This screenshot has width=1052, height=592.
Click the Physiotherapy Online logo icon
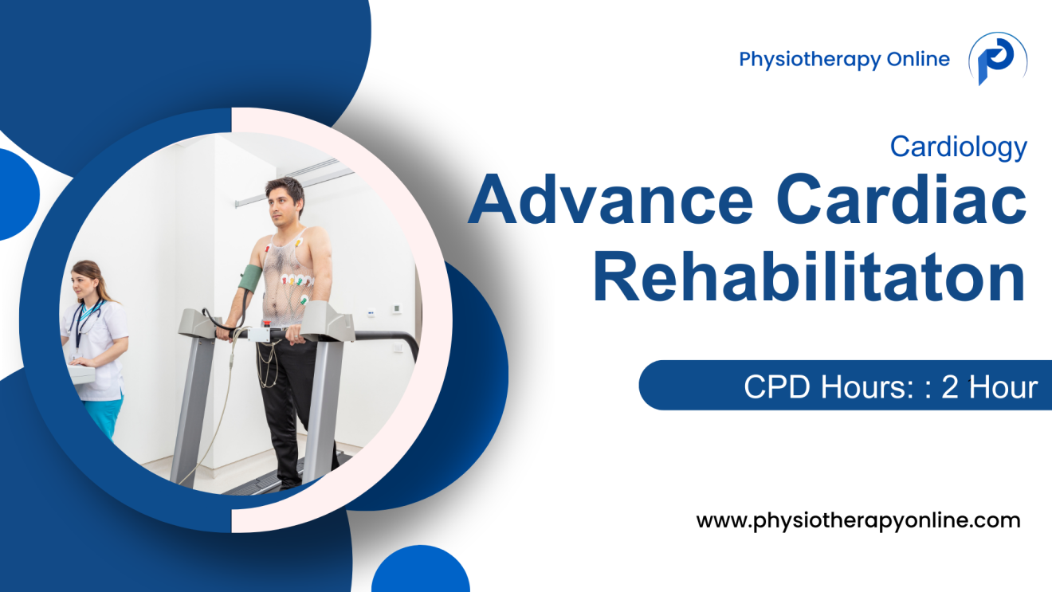click(x=996, y=59)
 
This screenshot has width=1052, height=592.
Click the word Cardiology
click(x=958, y=147)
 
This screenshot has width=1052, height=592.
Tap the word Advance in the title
click(x=610, y=202)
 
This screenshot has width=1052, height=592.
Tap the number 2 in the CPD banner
click(x=949, y=387)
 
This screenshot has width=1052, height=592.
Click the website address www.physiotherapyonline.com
click(x=858, y=521)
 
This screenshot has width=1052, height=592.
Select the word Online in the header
click(x=919, y=59)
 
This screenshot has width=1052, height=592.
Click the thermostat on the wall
click(x=395, y=308)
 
